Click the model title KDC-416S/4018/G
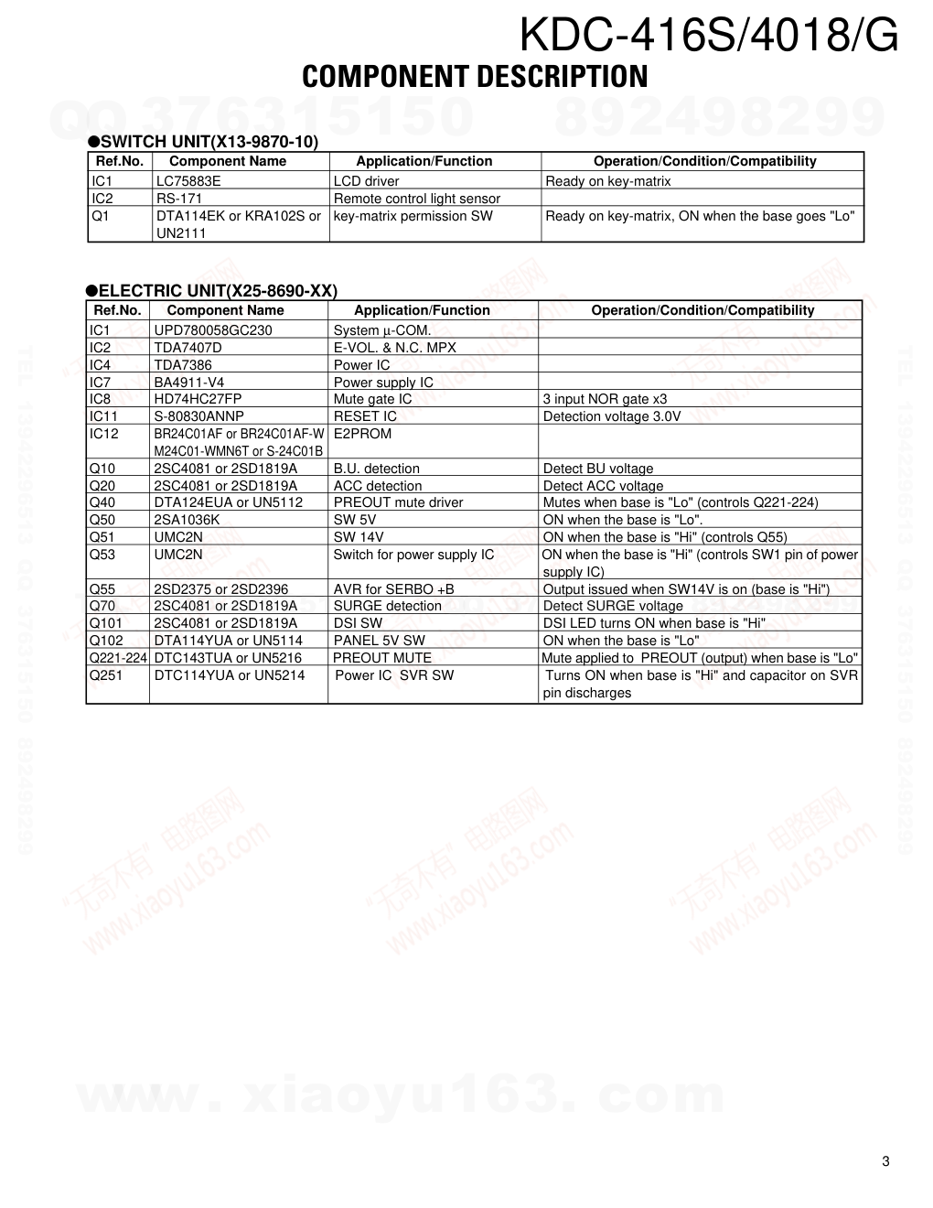coord(709,37)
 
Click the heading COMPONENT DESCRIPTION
coord(475,77)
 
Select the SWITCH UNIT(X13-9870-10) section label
coord(209,142)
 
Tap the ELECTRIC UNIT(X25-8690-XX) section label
coord(218,291)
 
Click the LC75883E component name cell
coord(188,181)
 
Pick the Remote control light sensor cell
coord(416,199)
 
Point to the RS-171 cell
coord(179,199)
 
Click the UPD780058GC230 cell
coord(213,330)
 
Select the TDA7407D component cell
coord(188,348)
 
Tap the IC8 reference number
coord(100,399)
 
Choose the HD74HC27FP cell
coord(198,399)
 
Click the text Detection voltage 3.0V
coord(612,416)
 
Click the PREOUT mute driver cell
coord(398,502)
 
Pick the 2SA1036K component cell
coord(187,520)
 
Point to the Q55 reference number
coord(102,588)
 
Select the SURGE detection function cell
coord(387,606)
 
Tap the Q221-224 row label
coord(118,658)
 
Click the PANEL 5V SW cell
coord(379,641)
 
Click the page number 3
coord(885,1162)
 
